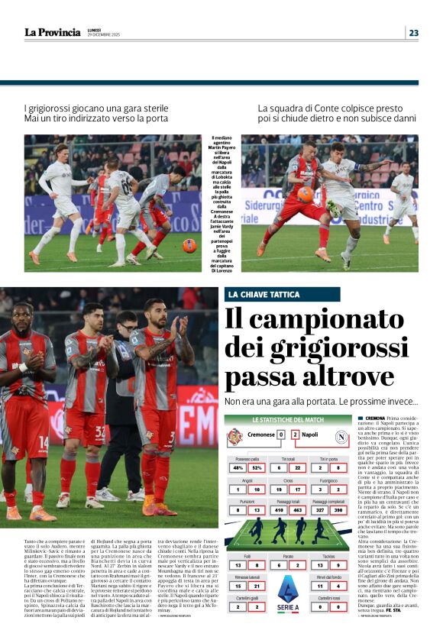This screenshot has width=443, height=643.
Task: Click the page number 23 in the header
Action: click(413, 33)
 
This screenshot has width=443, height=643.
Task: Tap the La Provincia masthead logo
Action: click(52, 32)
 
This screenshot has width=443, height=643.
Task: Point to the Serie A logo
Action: click(288, 595)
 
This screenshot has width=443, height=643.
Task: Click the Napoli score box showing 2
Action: click(294, 435)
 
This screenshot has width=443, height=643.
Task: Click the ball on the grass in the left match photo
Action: click(189, 246)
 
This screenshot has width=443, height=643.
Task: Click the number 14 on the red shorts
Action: click(43, 441)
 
